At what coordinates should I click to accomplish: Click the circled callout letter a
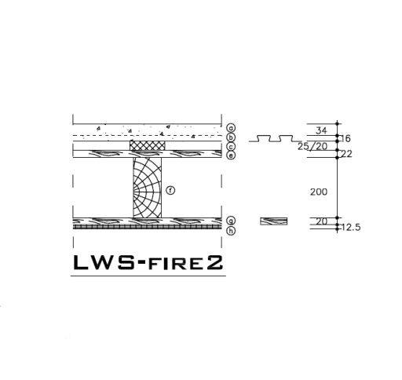231,127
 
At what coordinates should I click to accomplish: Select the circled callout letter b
231,137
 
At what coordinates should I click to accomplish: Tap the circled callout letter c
231,147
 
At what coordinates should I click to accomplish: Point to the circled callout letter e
231,155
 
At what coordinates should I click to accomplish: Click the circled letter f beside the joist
170,190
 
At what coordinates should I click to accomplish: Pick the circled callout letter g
231,221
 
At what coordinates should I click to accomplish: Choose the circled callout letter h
231,231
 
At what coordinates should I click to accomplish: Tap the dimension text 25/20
312,146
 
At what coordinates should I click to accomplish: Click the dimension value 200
320,192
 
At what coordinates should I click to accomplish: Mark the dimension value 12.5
352,228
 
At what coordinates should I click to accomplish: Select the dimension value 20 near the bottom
322,222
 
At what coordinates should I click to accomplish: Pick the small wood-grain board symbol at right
274,221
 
